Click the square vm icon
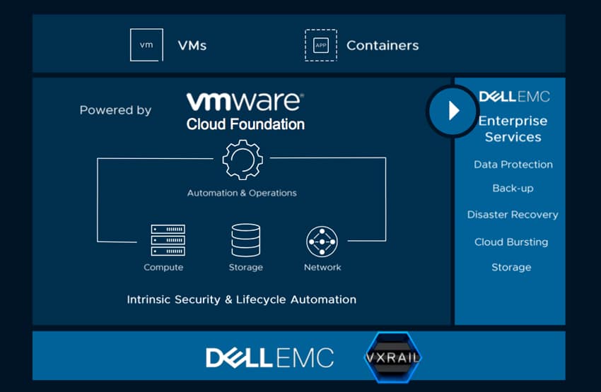pos(146,44)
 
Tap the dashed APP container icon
pos(321,45)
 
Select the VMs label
pos(192,45)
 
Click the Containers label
pos(383,45)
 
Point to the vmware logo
pos(245,102)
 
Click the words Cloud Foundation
pos(245,124)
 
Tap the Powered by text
pos(115,110)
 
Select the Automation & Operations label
pos(242,193)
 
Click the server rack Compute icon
pos(168,240)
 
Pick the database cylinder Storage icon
pos(245,240)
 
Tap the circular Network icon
pos(322,242)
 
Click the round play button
pos(452,111)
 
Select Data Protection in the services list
pos(513,165)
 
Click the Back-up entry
pos(513,189)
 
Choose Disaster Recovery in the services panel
pos(513,215)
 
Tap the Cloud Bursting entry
pos(511,242)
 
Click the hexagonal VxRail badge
pos(392,357)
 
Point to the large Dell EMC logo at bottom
pos(270,357)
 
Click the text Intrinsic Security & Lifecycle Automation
pos(242,299)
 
